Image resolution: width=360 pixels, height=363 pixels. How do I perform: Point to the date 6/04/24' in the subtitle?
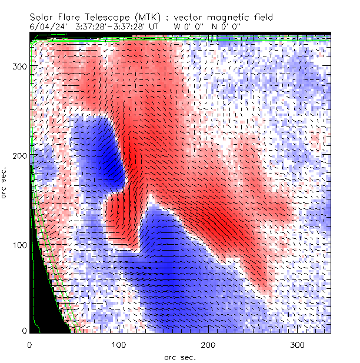46,26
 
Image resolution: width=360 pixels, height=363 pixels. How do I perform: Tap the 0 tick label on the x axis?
29,344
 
